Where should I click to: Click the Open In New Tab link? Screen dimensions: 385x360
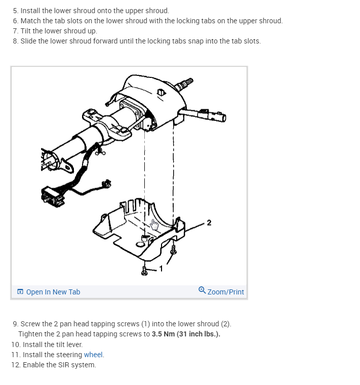coord(53,292)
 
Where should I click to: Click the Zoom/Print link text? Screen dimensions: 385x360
coord(226,292)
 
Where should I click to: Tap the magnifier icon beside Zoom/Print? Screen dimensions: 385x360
coord(202,290)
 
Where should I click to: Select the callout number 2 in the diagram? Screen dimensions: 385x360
coord(209,223)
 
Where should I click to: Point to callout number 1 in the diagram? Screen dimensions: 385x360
coord(162,268)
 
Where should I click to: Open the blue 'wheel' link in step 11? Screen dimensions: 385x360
coord(93,355)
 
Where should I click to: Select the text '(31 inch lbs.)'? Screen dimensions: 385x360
coord(198,334)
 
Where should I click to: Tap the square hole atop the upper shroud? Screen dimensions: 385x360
coord(161,92)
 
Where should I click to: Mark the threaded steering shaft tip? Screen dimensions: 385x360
coord(186,82)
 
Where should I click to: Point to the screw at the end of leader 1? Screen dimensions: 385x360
coord(145,271)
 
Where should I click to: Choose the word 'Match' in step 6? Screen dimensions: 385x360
coord(30,21)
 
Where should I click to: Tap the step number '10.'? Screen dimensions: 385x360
coord(16,345)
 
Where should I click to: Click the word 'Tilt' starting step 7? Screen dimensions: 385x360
coord(27,31)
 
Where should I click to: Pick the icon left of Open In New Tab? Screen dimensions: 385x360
coord(20,292)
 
